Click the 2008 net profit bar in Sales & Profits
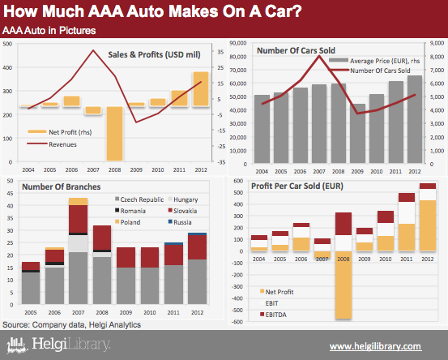pos(114,134)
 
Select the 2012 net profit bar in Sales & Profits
pos(201,89)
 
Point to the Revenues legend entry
pos(52,144)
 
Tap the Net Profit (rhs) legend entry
pos(59,132)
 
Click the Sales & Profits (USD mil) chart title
pos(154,54)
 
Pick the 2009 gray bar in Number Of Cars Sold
pos(357,134)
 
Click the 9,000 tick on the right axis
pos(437,43)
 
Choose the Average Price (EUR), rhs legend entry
pos(374,61)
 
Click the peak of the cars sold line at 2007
pos(319,56)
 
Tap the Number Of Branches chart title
pos(61,186)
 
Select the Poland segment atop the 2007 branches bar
pos(78,201)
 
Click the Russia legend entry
pos(180,222)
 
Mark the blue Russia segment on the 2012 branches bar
pos(197,234)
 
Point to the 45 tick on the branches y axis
pos(10,193)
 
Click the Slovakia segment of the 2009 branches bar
pos(126,257)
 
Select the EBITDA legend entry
pos(273,315)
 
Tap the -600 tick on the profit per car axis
pos(238,322)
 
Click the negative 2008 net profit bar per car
pos(343,285)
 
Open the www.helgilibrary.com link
pos(375,346)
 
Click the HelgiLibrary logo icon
pos(17,345)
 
